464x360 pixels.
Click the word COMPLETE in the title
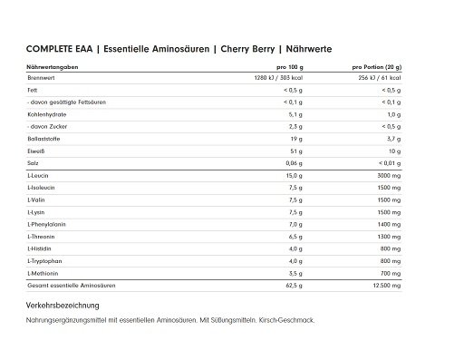coord(46,50)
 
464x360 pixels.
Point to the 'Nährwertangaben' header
coord(52,68)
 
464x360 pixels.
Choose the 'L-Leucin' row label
coord(37,174)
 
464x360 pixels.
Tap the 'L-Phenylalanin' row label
coord(45,222)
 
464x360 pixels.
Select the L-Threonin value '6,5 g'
coord(296,234)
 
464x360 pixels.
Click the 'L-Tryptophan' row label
coord(43,258)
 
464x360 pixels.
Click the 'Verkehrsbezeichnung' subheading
coord(69,306)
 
